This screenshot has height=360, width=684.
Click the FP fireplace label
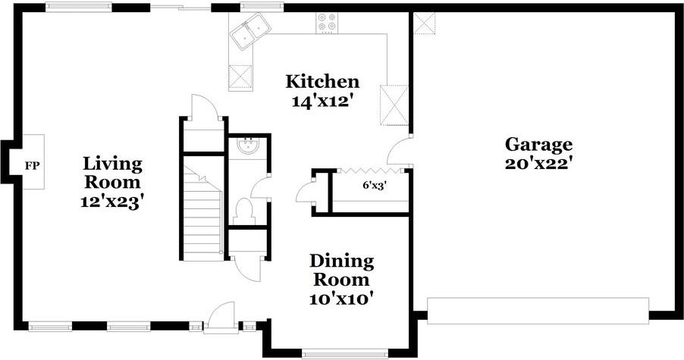31,164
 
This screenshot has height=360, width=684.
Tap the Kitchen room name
322,81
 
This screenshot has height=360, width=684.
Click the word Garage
539,144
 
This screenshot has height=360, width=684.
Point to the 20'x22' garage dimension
539,162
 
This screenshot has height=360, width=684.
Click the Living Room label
112,173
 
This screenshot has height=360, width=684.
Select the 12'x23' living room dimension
112,202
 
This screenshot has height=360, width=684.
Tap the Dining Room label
342,271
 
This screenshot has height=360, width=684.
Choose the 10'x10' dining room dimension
342,299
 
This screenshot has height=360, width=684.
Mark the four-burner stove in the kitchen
328,23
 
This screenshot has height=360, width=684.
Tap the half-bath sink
247,146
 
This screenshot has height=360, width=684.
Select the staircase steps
202,220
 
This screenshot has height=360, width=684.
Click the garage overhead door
538,310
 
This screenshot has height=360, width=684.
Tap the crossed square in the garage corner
425,23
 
